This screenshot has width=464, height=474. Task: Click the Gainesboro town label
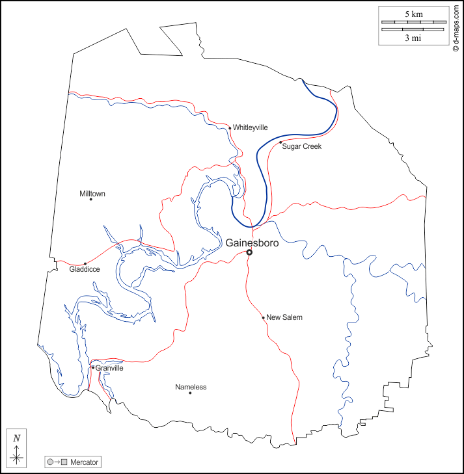click(x=252, y=243)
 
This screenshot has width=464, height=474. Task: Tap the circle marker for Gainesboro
click(x=249, y=253)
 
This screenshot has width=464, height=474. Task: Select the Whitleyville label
click(x=250, y=127)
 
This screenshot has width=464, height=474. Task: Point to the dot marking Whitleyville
click(x=230, y=128)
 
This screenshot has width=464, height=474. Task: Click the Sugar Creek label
click(x=302, y=147)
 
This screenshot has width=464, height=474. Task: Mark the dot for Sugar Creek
click(x=280, y=142)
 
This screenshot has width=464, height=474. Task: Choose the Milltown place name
click(x=92, y=194)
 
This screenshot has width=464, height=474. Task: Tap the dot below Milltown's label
click(x=91, y=200)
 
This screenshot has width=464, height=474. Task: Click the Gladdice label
click(x=84, y=269)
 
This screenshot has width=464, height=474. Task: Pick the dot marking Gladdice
click(x=85, y=263)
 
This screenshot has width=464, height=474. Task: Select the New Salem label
click(x=284, y=317)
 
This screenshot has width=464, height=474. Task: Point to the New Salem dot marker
click(x=264, y=318)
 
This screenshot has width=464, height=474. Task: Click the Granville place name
click(x=109, y=368)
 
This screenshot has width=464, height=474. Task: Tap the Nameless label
click(x=191, y=387)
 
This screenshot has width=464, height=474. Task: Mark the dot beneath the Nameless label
click(x=190, y=393)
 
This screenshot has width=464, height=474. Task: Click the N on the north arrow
click(x=16, y=438)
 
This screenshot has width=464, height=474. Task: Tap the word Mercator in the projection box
click(x=85, y=462)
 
